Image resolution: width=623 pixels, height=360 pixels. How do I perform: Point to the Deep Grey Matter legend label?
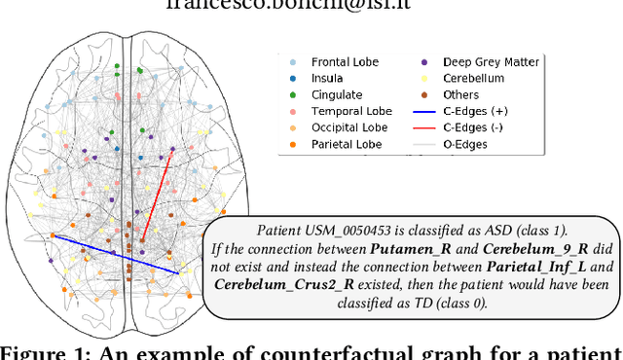coord(491,61)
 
